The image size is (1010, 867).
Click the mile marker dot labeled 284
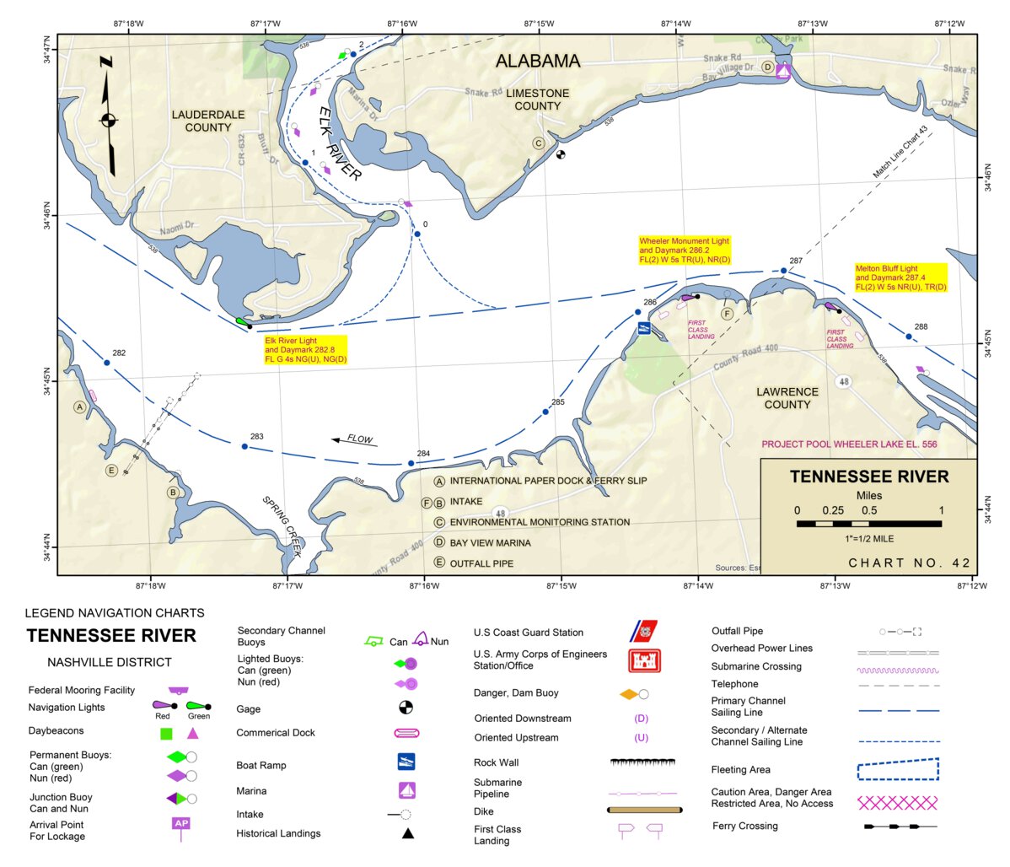[x=411, y=463]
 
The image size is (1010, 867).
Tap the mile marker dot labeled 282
[x=106, y=363]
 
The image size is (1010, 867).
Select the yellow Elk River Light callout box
[x=305, y=349]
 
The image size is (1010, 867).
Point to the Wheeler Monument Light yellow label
[x=685, y=250]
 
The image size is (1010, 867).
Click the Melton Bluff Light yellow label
[x=900, y=277]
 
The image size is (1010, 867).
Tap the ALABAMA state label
[x=538, y=61]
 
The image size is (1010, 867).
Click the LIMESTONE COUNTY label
[x=538, y=100]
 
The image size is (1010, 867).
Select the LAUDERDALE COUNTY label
[x=208, y=121]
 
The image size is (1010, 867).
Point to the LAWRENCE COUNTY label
[x=787, y=398]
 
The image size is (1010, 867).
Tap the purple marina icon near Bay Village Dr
[x=783, y=72]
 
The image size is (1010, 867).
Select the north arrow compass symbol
[x=108, y=118]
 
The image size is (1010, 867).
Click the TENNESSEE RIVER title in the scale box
[x=869, y=477]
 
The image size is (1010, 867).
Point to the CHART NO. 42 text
[x=909, y=563]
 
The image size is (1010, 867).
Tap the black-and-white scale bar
[x=868, y=524]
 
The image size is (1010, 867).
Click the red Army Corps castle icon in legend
[x=644, y=660]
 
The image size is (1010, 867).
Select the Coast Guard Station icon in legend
[x=643, y=631]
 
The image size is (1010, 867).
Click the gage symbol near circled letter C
[x=561, y=154]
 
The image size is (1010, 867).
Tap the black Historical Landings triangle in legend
[x=407, y=833]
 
